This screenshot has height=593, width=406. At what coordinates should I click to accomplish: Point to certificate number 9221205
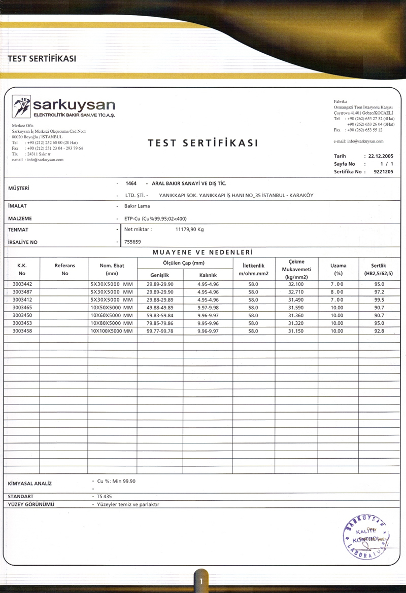tap(383, 172)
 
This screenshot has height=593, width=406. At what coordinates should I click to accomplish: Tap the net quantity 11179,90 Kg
tap(189, 229)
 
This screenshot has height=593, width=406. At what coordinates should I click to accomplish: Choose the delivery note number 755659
tap(132, 242)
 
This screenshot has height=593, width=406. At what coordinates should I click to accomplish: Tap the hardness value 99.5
tap(379, 300)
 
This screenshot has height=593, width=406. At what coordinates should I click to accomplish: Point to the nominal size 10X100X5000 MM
tap(111, 330)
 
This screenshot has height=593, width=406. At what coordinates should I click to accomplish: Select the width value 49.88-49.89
tap(160, 307)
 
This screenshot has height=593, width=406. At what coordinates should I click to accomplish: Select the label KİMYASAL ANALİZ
tap(30, 484)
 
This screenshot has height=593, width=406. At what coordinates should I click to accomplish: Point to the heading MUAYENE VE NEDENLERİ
tap(202, 252)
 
